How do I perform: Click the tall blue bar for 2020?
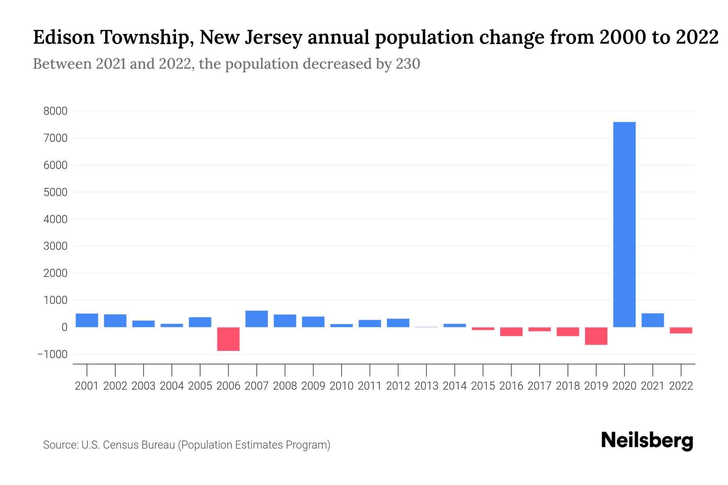pos(624,224)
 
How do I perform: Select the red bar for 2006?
pos(228,339)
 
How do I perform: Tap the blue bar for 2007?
pos(256,319)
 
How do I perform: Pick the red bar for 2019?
pos(596,336)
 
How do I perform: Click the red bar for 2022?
pos(681,330)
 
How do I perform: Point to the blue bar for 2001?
pos(87,320)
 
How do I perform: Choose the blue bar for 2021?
pos(652,320)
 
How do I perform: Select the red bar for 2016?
pos(511,331)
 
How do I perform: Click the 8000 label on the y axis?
pos(55,111)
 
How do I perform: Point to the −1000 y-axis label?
pos(52,354)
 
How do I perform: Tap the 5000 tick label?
pos(55,192)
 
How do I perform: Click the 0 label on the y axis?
pos(64,327)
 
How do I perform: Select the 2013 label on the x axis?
pos(426,386)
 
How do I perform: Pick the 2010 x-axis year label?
pos(341,386)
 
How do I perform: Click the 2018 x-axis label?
pos(567,386)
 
